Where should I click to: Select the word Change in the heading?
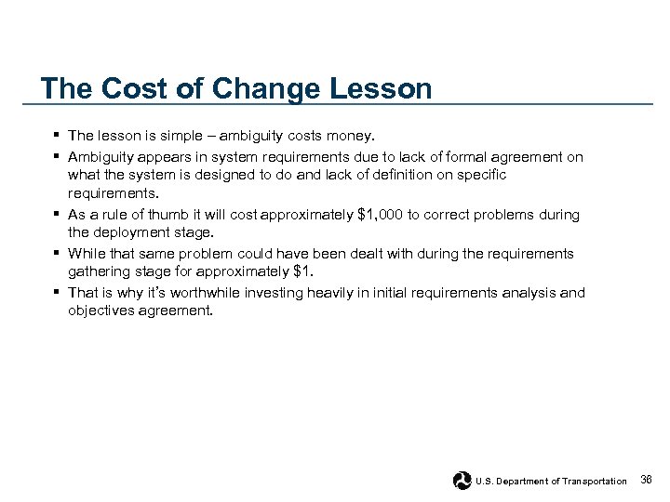pos(253,89)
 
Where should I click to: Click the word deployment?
pos(131,232)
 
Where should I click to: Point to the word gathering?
pos(98,271)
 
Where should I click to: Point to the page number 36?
pos(648,480)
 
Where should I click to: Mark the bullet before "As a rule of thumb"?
pos(58,215)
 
